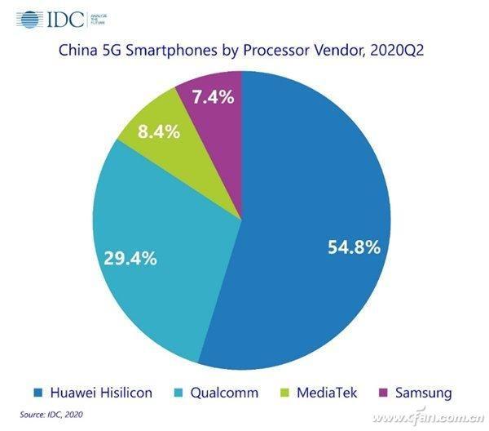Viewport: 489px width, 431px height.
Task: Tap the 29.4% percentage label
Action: (x=130, y=259)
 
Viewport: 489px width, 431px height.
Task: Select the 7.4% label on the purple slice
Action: (x=214, y=97)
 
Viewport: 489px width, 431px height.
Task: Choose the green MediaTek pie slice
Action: (x=163, y=122)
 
